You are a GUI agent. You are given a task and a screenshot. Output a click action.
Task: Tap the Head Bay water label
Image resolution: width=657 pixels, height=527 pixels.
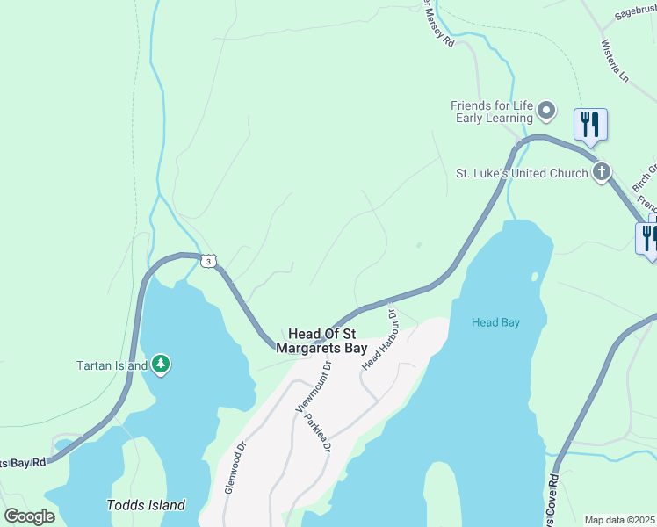point(495,322)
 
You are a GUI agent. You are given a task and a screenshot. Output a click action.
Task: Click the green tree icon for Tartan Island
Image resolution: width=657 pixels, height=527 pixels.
point(160,364)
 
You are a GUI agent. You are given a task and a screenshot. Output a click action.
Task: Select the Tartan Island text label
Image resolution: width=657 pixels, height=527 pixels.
point(112,365)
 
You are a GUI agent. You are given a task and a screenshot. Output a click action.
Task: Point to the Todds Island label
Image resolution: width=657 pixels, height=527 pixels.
point(146,505)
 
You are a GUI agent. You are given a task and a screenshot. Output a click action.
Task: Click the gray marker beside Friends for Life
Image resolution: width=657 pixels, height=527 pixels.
point(546,111)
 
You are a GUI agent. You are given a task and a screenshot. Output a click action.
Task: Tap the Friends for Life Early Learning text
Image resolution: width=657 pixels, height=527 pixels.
point(492,112)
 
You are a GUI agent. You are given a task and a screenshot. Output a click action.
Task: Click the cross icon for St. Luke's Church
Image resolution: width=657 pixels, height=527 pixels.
point(601,172)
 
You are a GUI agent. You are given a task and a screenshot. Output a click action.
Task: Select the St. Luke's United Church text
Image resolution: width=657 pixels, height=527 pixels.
point(521,173)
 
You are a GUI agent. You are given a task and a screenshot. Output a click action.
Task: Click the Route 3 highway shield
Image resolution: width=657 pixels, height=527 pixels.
point(207,261)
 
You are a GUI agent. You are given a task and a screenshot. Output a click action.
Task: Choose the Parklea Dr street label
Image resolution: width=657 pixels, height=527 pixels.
point(317,431)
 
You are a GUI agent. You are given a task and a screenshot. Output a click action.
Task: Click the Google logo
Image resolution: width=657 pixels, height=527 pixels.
point(29,516)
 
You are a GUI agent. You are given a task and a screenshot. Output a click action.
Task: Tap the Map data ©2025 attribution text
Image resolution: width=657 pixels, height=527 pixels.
point(619,520)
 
